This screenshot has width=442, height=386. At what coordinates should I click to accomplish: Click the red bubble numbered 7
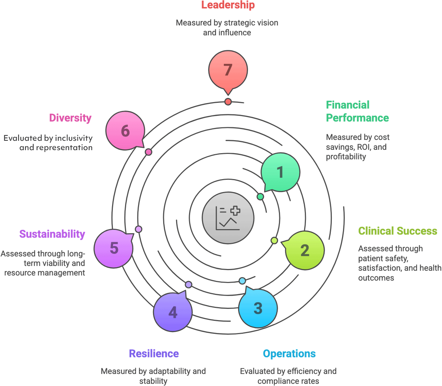tap(228, 70)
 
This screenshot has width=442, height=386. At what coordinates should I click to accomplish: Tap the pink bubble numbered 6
tap(125, 131)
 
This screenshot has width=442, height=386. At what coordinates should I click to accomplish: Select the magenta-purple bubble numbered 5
tap(114, 249)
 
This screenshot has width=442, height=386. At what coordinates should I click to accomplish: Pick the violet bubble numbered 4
tap(173, 312)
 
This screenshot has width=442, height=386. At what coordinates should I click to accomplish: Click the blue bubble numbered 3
tap(258, 308)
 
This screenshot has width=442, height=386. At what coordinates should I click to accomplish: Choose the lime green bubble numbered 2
tap(305, 250)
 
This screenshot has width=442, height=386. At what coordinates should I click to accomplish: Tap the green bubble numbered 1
tap(280, 172)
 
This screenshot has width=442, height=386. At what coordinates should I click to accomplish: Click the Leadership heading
tap(228, 5)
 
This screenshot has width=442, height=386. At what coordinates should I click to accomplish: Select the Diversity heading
tap(70, 118)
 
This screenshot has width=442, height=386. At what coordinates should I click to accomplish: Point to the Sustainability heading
tap(52, 234)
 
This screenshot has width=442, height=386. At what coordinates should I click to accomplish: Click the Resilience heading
tap(154, 353)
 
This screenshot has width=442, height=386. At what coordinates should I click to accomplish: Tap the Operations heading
tap(289, 353)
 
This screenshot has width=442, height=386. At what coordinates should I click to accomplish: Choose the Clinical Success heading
tap(397, 231)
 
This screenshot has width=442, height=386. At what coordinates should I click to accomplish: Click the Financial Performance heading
tap(357, 111)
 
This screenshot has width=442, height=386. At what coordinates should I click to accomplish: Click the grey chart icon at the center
tap(228, 218)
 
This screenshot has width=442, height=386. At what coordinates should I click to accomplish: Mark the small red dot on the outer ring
tap(228, 102)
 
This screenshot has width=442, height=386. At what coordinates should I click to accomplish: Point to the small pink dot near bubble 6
tap(149, 152)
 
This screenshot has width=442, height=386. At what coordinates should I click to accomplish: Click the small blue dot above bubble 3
tap(242, 281)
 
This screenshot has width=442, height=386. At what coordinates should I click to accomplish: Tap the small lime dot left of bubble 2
tap(274, 240)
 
